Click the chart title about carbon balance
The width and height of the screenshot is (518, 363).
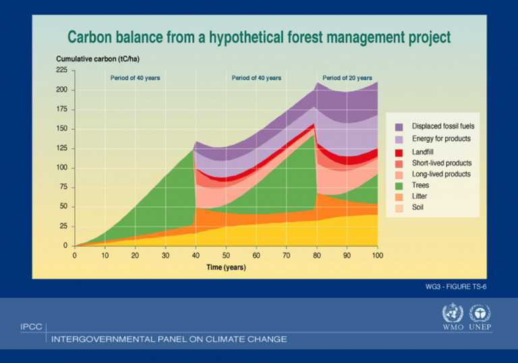click(x=258, y=37)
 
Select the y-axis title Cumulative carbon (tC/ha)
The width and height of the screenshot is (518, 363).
click(x=98, y=59)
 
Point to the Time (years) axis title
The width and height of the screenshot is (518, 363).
click(x=226, y=267)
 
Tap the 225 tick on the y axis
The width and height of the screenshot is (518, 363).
click(x=61, y=70)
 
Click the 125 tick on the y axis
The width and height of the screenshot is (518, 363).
click(x=61, y=148)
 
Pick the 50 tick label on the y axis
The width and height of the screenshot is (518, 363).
click(x=63, y=207)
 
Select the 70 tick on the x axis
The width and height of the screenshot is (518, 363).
click(x=287, y=256)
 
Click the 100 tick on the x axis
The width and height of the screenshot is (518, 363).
click(x=377, y=256)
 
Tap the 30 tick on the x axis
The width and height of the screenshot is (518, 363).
click(x=165, y=256)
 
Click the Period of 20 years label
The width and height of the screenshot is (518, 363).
click(x=347, y=78)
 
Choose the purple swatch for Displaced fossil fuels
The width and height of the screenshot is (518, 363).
click(x=399, y=126)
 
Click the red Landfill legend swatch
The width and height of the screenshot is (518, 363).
click(x=399, y=152)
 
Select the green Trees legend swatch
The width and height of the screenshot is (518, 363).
click(x=399, y=185)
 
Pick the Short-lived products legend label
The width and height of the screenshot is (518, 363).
click(x=442, y=163)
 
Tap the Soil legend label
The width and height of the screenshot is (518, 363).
click(x=419, y=207)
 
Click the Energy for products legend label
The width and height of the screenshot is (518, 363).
click(x=441, y=139)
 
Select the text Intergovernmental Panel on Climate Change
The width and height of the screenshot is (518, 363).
click(x=169, y=339)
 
